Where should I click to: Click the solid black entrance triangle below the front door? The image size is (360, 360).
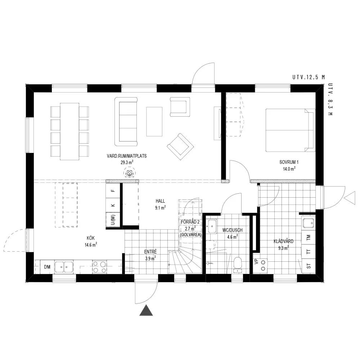point(146,311)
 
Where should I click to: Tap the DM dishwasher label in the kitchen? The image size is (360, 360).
point(47,267)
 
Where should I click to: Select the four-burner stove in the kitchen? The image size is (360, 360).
point(100,267)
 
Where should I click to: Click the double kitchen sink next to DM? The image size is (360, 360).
point(64,267)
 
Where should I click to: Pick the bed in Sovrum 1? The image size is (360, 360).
point(291,130)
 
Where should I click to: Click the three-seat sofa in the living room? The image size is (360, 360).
point(126,121)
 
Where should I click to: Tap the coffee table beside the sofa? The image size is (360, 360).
point(154,121)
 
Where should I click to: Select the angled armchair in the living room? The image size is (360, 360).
point(180,147)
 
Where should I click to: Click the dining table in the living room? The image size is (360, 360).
point(69,131)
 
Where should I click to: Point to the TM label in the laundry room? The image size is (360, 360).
point(309,238)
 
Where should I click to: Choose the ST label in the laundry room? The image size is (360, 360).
point(309,266)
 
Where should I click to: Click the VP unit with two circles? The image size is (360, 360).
point(260,265)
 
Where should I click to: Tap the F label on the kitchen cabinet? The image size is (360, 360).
point(113,190)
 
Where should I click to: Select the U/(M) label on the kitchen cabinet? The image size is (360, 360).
point(113,220)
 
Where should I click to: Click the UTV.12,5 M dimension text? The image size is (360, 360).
point(309,77)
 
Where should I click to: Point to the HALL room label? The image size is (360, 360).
point(160,201)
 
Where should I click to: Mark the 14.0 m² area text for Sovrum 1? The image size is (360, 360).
point(289,169)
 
